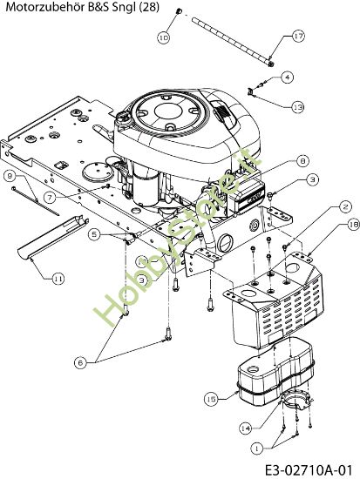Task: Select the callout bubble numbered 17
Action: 298,37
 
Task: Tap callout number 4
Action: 287,78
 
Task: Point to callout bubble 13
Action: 297,106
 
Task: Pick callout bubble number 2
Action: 321,206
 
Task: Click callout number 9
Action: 11,176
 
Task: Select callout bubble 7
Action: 50,198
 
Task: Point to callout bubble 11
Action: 58,279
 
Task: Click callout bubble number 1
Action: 255,448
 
